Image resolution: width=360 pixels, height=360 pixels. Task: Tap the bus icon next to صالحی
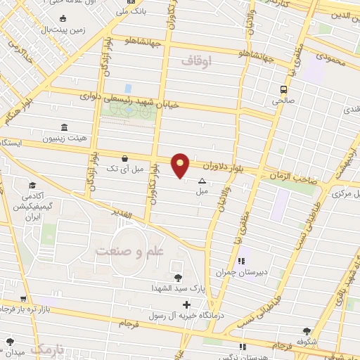(x=283, y=89)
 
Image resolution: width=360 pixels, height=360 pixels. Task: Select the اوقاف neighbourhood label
(x=196, y=61)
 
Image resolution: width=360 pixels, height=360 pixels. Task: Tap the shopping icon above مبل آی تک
(x=124, y=158)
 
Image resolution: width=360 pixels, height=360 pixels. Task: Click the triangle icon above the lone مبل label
(x=202, y=180)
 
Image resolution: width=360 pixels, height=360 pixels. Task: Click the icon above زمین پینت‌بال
(x=63, y=18)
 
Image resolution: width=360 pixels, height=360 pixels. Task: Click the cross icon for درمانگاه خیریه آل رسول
(x=186, y=304)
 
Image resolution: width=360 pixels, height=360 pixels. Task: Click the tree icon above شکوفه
(x=307, y=331)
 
